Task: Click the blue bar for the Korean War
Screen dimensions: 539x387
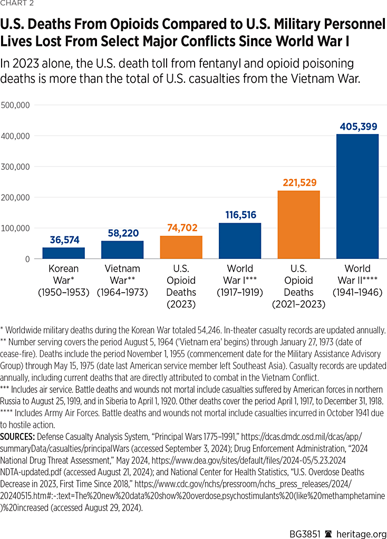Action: (x=63, y=253)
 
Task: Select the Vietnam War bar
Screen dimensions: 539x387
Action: (x=122, y=250)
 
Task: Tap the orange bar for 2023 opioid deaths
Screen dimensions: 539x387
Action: (x=181, y=247)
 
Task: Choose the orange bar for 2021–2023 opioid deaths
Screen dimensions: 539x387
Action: (x=298, y=225)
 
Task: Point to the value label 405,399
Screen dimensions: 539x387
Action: (x=357, y=127)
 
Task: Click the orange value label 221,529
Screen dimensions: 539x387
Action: (x=298, y=183)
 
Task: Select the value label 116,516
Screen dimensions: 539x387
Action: (x=240, y=215)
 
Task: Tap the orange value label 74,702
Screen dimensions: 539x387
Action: (x=181, y=228)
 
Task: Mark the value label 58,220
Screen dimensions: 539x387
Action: (x=122, y=233)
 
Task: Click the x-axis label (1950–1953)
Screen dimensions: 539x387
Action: (x=63, y=292)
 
